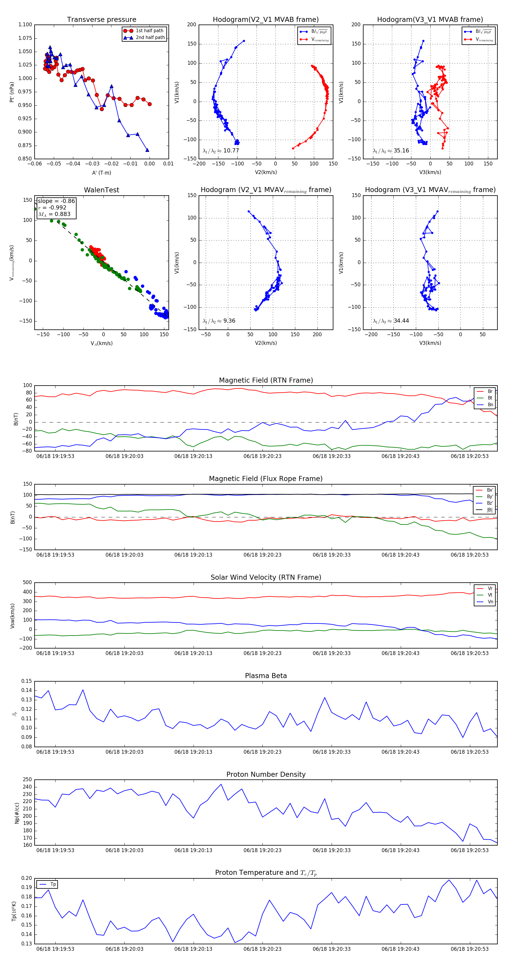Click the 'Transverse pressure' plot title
click(x=101, y=20)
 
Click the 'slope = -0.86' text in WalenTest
click(x=56, y=201)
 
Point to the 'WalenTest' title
click(x=101, y=190)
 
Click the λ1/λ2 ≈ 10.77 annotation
click(x=221, y=151)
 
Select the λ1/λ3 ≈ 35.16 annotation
click(x=391, y=151)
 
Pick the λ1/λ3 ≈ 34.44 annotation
click(x=391, y=321)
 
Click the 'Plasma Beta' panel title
click(x=266, y=676)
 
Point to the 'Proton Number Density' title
click(x=266, y=774)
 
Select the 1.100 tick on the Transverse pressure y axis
click(x=25, y=25)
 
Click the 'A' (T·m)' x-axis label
click(x=101, y=173)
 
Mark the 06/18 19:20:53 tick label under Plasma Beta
click(x=470, y=752)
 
